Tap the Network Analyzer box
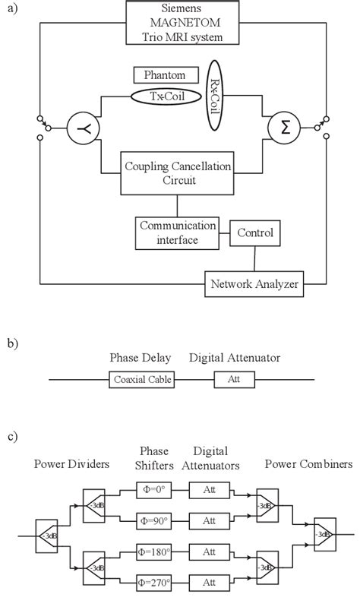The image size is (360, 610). tap(253, 285)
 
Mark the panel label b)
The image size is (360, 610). tap(13, 343)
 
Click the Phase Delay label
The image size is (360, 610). tap(140, 358)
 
